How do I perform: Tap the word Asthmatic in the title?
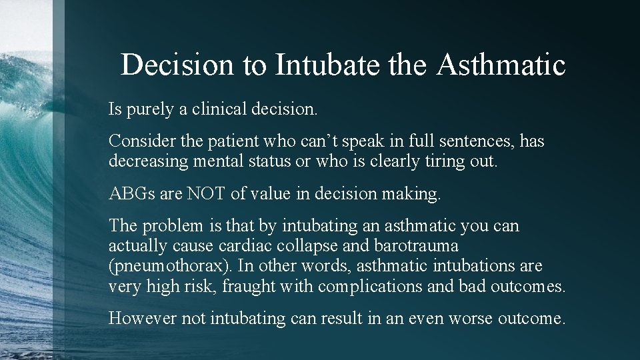pyautogui.click(x=501, y=65)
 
